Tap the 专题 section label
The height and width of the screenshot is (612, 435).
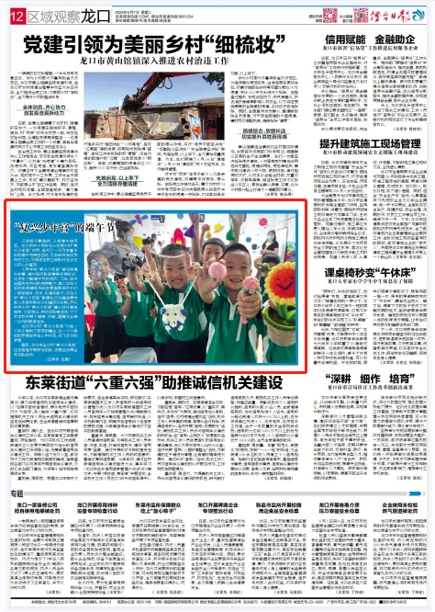click(19, 495)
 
